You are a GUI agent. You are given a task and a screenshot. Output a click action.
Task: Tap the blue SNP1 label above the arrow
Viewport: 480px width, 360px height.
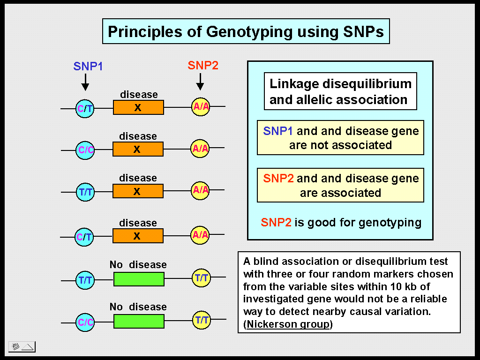(x=88, y=66)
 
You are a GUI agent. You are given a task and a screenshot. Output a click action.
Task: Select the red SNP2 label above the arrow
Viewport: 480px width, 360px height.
(x=203, y=66)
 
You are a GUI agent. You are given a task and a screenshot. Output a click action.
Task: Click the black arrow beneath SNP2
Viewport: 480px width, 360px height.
(x=200, y=82)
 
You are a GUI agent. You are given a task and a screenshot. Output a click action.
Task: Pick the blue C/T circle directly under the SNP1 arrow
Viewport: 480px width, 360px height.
(x=85, y=109)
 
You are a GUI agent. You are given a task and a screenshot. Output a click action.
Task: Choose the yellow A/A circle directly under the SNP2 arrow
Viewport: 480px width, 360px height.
(x=201, y=107)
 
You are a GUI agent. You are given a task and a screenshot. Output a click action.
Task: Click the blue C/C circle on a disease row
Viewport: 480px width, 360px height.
(x=85, y=150)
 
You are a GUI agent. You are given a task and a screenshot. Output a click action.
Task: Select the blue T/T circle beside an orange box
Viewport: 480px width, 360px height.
(x=85, y=192)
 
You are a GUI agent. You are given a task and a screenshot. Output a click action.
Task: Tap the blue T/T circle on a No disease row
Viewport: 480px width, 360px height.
(x=85, y=280)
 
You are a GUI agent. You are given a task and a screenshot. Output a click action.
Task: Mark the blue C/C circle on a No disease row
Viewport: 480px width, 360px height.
(x=85, y=322)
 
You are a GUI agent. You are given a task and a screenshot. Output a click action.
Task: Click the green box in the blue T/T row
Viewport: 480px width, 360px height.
(x=139, y=279)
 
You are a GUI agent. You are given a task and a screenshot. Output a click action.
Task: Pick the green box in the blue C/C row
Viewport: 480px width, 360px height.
(x=139, y=321)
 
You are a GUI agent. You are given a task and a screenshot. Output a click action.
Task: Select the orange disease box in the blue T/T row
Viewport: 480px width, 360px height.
(x=138, y=191)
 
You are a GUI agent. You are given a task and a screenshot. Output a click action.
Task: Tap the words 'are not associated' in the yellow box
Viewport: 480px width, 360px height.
(x=340, y=145)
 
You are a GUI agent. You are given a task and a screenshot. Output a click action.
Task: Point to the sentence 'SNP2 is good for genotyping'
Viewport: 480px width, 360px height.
(x=341, y=222)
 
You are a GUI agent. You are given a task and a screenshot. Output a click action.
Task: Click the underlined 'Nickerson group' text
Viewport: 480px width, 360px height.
(x=287, y=324)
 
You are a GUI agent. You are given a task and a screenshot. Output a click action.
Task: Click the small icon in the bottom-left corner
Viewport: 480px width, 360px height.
(x=22, y=347)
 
